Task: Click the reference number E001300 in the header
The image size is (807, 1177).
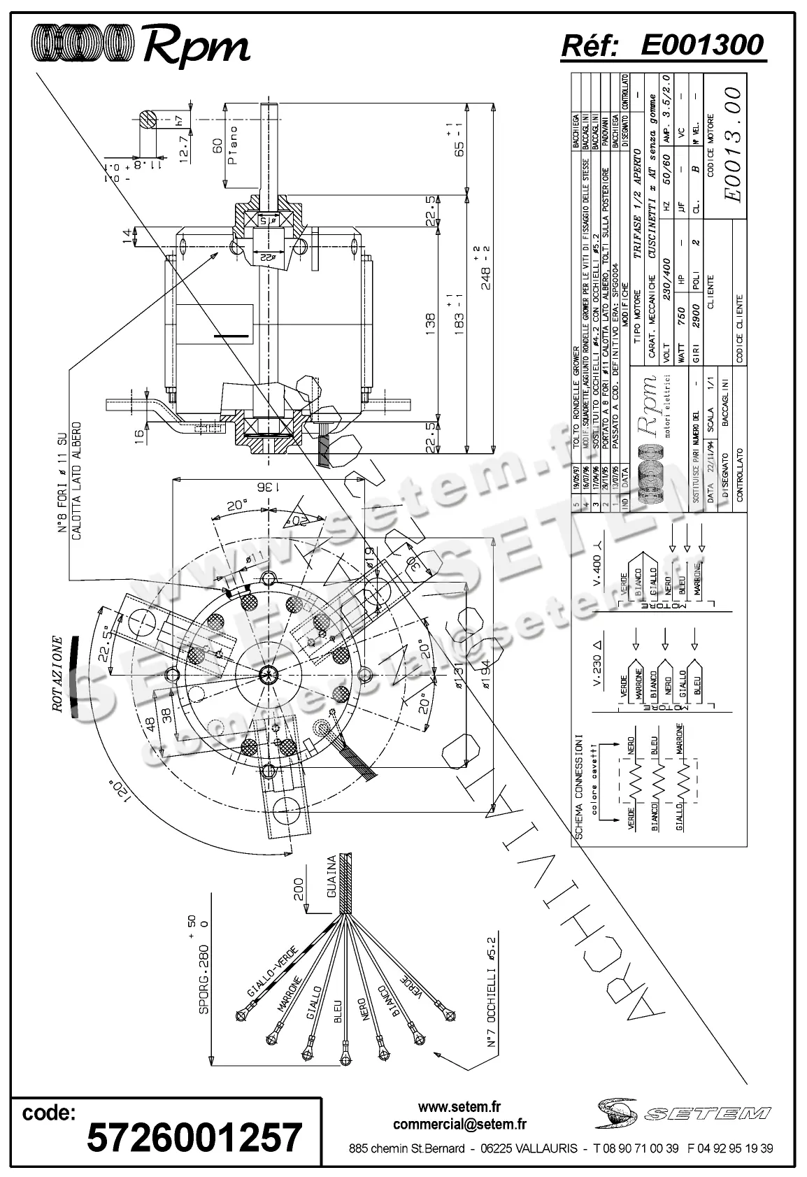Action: [x=701, y=45]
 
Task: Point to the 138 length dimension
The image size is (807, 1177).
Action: [x=431, y=323]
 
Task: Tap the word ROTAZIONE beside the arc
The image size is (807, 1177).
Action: [x=59, y=675]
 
